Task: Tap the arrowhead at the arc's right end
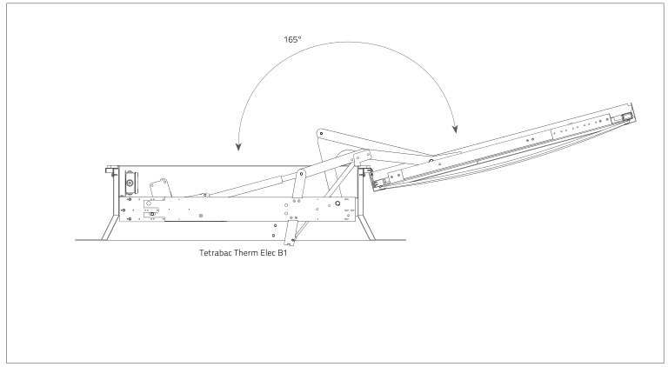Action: pyautogui.click(x=453, y=132)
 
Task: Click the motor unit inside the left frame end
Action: pyautogui.click(x=130, y=183)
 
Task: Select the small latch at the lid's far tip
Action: pyautogui.click(x=627, y=113)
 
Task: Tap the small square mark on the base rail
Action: pyautogui.click(x=201, y=212)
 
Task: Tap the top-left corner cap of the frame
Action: pyautogui.click(x=111, y=170)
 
